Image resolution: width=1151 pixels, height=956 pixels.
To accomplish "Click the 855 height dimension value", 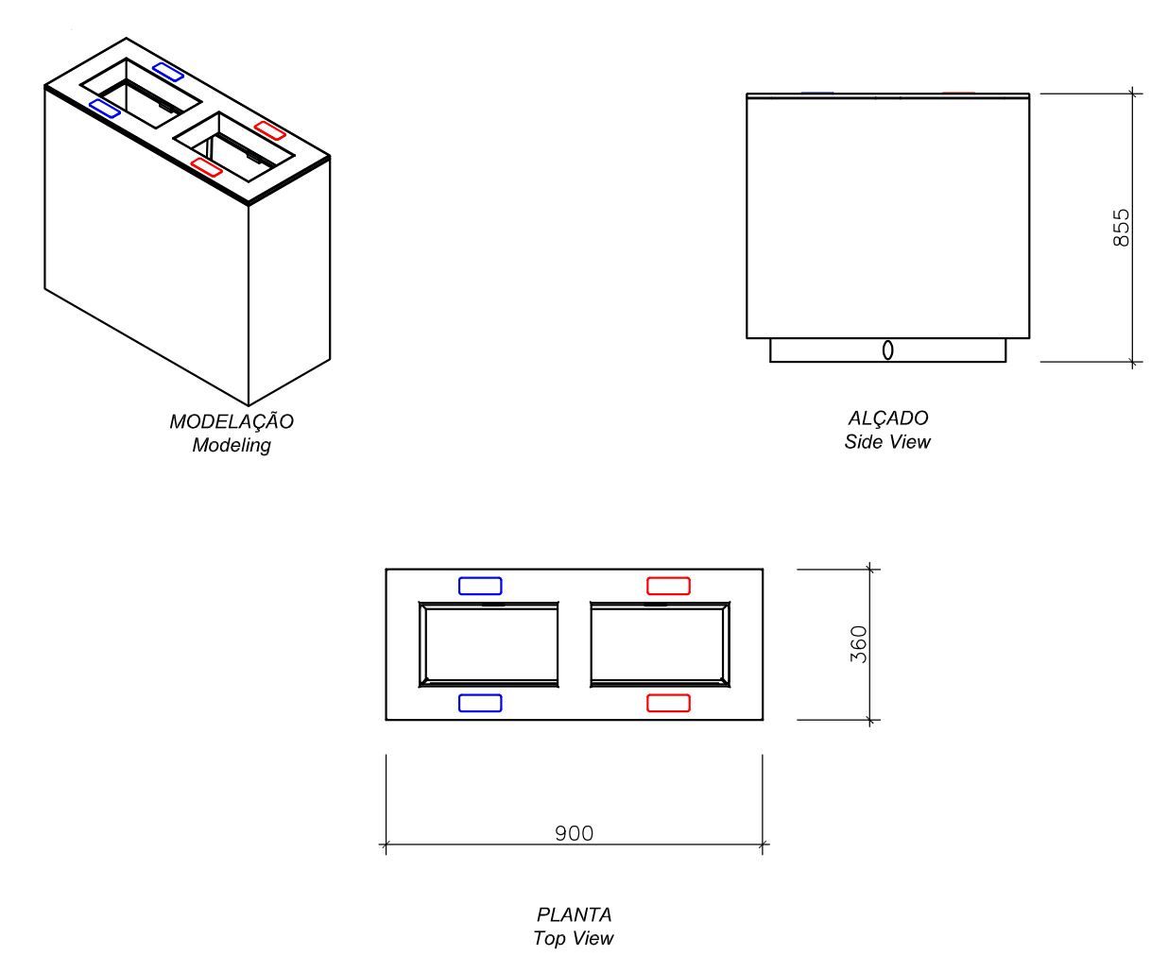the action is point(1121,228).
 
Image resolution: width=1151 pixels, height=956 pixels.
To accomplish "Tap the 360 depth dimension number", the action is point(858,644).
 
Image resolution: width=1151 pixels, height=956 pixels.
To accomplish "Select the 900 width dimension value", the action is point(574,833).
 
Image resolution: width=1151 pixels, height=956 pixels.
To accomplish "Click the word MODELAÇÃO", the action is point(232,421).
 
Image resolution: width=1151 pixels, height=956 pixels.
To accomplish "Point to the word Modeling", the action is point(232,445).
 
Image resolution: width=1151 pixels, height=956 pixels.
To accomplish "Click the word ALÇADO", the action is point(888,418).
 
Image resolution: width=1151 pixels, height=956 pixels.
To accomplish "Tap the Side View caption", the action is point(887,441).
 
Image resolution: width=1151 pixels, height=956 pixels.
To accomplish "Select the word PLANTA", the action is point(574,914).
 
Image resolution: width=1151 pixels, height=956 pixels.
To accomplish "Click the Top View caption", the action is point(574,938).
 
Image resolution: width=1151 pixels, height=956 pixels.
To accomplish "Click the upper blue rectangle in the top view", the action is point(480,586).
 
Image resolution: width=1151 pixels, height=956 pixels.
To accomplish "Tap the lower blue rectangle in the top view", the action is point(480,703).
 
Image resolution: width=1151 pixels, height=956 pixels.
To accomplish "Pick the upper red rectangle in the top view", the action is point(668,586).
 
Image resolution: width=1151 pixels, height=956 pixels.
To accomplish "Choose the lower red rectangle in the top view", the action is point(668,703).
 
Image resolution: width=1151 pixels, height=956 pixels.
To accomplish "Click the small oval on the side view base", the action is point(887,350).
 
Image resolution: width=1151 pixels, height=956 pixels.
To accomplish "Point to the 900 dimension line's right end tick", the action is point(763,845).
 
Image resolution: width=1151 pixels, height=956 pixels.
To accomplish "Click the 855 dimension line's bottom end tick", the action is point(1132,362).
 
